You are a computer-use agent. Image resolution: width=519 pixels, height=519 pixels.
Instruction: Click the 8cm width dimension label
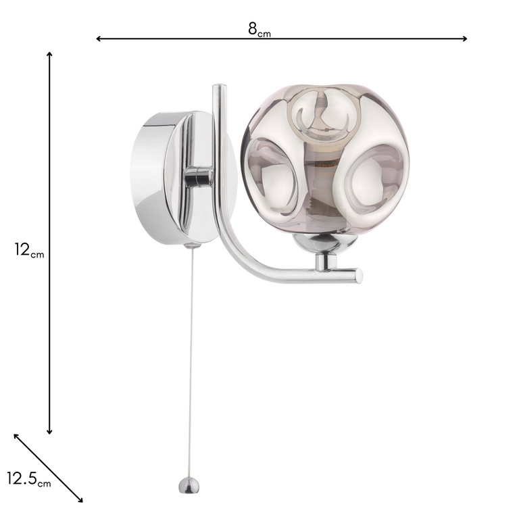(259, 29)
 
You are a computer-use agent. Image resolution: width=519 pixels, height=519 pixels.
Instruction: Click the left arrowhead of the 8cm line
(99, 39)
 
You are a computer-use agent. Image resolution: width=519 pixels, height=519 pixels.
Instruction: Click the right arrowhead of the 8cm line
(464, 39)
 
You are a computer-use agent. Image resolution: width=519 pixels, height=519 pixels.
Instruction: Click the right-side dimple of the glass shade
(377, 179)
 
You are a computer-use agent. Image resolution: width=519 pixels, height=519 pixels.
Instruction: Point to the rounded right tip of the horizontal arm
(358, 275)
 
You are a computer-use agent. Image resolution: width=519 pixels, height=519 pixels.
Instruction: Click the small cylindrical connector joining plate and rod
(199, 176)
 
